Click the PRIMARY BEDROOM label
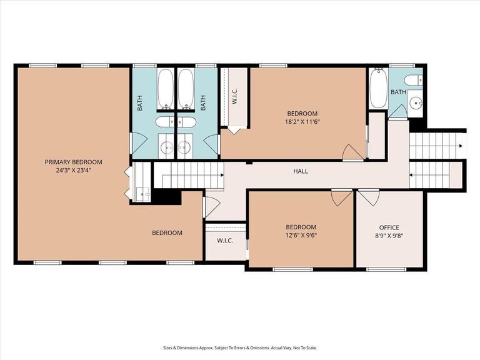point(73,162)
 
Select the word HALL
point(301,171)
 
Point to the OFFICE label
point(389,227)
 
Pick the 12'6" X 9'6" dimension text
point(301,236)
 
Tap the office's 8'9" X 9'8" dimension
point(389,236)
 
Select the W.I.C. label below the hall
point(225,241)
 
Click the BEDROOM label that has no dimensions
point(167,233)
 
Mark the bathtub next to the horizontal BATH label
point(378,89)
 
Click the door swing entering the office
point(367,198)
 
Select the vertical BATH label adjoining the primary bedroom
point(140,102)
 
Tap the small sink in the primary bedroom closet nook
point(146,194)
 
